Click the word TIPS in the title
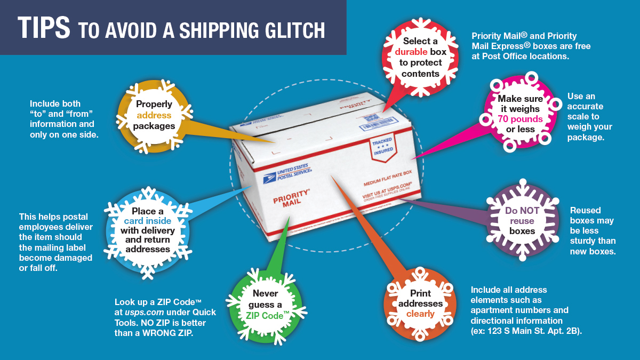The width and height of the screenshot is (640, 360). click(x=44, y=28)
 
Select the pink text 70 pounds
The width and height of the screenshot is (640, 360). click(x=520, y=119)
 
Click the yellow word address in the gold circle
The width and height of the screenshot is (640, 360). click(x=154, y=115)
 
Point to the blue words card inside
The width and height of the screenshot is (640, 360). click(x=148, y=221)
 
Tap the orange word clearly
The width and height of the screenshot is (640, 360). click(x=420, y=314)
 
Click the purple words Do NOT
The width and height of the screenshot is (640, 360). click(x=522, y=210)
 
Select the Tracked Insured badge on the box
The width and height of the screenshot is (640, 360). click(x=382, y=145)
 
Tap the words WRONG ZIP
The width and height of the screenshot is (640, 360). click(x=171, y=333)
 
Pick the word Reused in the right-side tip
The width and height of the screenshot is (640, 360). click(x=585, y=210)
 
